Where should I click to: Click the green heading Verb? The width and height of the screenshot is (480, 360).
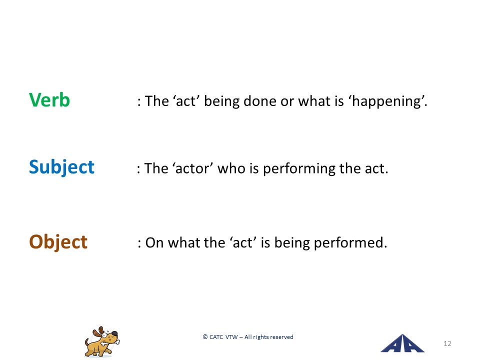(x=49, y=100)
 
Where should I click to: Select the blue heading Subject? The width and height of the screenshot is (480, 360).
(x=61, y=167)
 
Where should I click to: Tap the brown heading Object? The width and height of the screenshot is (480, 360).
(x=58, y=242)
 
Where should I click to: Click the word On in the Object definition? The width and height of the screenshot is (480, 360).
(x=154, y=243)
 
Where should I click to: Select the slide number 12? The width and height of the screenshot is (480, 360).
(x=447, y=343)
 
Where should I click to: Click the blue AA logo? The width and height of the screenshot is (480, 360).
(x=402, y=343)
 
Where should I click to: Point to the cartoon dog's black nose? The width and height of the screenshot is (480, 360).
(x=114, y=333)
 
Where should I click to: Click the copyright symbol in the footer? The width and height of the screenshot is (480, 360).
(x=205, y=337)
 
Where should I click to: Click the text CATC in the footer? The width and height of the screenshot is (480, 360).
(x=216, y=337)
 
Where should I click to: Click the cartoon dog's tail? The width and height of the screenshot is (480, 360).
(x=87, y=341)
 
